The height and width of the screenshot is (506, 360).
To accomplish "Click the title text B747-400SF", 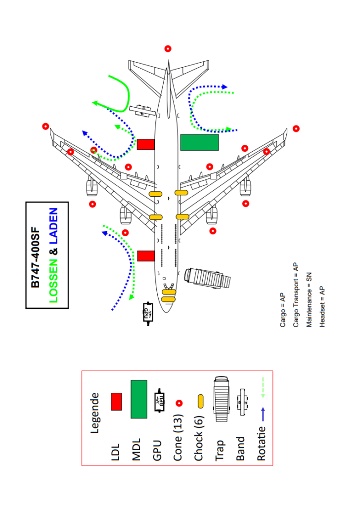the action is pos(35,257).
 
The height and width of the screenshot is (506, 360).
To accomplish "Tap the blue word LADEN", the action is pos(53,226).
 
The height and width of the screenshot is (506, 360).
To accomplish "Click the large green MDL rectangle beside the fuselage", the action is pos(200,142).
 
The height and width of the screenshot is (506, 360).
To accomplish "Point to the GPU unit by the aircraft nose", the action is pos(148,313).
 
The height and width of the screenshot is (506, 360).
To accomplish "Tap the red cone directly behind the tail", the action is pos(168,49).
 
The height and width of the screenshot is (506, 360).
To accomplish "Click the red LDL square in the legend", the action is pos(116,401).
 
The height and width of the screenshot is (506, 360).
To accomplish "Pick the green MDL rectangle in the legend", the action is pos(139,399).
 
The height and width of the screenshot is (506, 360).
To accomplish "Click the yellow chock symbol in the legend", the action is pos(200,401).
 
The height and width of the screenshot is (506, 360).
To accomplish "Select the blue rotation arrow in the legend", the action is pos(263,414).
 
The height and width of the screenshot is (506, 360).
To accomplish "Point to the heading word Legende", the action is pos(94,413).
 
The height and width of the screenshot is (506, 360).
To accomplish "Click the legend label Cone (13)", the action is pos(178,437).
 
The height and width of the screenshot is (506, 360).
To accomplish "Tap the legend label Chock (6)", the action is pos(199,438).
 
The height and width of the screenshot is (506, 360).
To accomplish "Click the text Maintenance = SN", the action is pos(309,300).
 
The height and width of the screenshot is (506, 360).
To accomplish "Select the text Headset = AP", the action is pos(322,307).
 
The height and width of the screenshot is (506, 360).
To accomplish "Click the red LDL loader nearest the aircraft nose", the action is pos(146,256).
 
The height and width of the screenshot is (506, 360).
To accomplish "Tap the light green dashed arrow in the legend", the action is pos(263,387).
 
